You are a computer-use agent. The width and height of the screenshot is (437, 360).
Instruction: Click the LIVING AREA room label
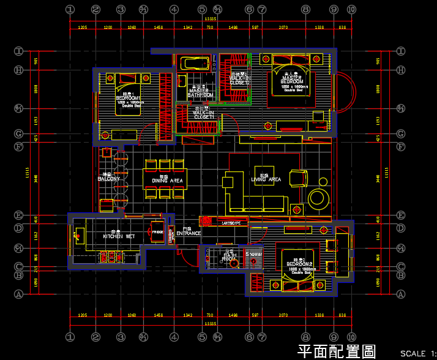pyautogui.click(x=266, y=179)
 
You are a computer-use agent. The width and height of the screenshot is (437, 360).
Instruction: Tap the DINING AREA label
pyautogui.click(x=166, y=181)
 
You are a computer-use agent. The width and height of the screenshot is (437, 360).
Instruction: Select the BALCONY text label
pyautogui.click(x=109, y=179)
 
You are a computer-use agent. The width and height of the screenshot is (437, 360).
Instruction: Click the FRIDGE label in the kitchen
pyautogui.click(x=157, y=233)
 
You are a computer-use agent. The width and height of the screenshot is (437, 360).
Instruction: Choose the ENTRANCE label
pyautogui.click(x=189, y=233)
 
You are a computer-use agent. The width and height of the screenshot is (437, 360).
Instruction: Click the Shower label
pyautogui.click(x=254, y=253)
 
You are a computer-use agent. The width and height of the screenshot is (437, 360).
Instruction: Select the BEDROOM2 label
pyautogui.click(x=299, y=264)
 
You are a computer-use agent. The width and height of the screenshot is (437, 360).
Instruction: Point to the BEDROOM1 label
pyautogui.click(x=128, y=98)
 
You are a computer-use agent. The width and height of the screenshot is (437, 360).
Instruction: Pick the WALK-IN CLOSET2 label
pyautogui.click(x=240, y=80)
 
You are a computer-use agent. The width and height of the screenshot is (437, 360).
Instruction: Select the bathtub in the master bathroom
pyautogui.click(x=195, y=63)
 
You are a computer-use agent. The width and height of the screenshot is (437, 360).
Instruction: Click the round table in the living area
pyautogui.click(x=319, y=198)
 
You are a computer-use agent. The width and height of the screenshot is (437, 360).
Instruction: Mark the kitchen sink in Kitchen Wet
pyautogui.click(x=79, y=233)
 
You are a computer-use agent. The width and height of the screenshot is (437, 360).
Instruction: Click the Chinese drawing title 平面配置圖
pyautogui.click(x=336, y=351)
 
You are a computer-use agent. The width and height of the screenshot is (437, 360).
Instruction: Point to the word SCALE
pyautogui.click(x=413, y=353)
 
